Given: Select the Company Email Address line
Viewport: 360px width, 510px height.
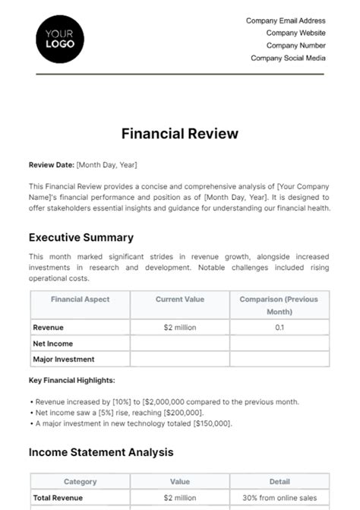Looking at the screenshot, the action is tap(286, 21).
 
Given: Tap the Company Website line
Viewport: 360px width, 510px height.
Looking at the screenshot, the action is tap(295, 33).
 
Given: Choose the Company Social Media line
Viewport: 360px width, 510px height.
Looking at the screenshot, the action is tap(288, 58).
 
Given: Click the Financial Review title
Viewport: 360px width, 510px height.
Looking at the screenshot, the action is tap(180, 134).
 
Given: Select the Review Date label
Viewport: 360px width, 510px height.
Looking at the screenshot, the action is tap(52, 164).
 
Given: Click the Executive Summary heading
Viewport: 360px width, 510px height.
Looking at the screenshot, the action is tap(81, 237).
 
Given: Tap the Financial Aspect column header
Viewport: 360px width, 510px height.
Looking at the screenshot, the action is tap(80, 299).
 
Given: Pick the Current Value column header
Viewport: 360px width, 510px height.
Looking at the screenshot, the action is tap(180, 299).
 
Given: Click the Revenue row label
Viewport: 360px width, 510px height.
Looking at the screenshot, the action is tap(48, 328).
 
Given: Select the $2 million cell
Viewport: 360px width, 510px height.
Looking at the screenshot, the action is tap(180, 328).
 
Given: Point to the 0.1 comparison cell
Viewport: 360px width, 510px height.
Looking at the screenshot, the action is tap(279, 328).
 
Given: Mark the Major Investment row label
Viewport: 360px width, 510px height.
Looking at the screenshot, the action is tap(64, 360).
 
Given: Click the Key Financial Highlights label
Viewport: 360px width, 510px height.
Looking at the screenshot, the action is tap(72, 380).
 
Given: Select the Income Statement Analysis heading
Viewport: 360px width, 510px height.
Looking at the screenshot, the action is tap(101, 452).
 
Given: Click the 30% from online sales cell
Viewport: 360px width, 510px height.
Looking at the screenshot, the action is tap(279, 498).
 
